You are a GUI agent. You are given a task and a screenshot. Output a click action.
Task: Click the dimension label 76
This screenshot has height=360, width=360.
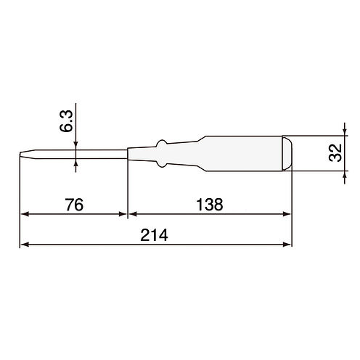coord(74,205)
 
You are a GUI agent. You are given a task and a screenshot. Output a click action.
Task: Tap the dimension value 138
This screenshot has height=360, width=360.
coord(210,205)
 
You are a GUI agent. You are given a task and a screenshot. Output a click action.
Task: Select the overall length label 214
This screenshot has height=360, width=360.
coord(154,235)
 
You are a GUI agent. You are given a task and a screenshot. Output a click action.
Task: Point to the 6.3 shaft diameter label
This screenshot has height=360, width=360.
coord(66,121)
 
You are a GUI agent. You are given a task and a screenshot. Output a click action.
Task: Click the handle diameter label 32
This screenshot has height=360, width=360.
coord(335,152)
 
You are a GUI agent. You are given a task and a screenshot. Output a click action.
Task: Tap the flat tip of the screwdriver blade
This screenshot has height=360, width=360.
coord(20,155)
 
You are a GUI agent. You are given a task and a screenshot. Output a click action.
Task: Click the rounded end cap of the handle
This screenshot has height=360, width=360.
coord(287,154)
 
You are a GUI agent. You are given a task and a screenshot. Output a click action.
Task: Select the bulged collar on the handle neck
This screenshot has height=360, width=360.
coord(162,154)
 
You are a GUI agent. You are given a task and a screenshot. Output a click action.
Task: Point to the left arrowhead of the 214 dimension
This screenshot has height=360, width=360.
coord(25,245)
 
